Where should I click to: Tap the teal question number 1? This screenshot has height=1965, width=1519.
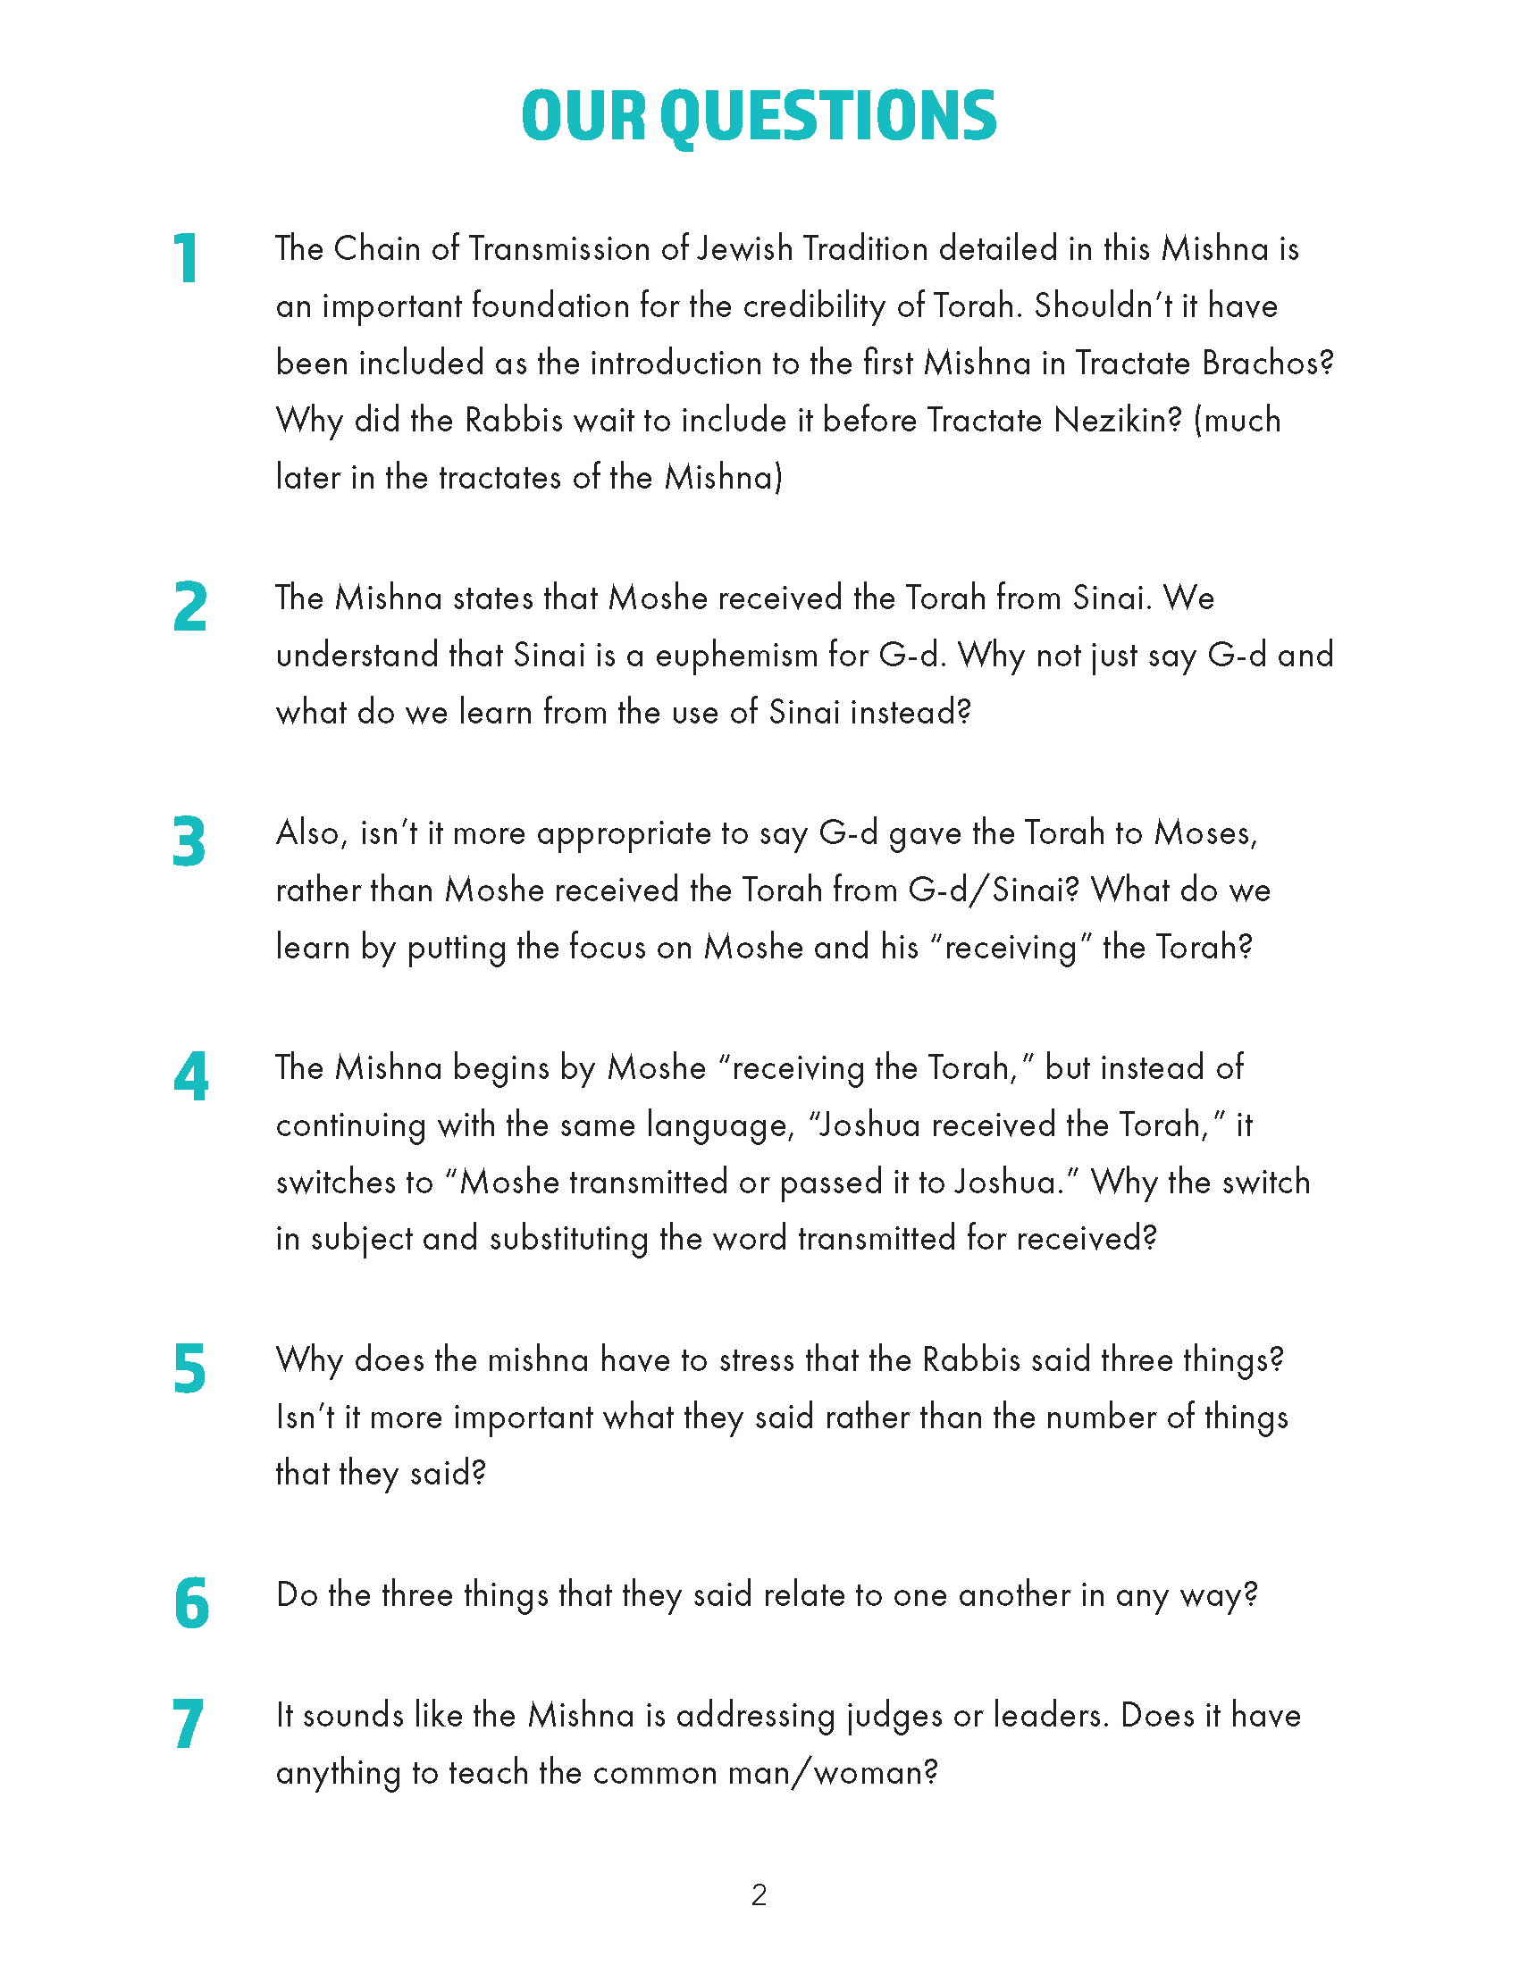pyautogui.click(x=186, y=259)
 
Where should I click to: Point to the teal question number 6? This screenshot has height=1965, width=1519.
pyautogui.click(x=191, y=1603)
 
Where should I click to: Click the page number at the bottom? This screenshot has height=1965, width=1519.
pyautogui.click(x=759, y=1895)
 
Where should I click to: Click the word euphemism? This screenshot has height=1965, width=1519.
pyautogui.click(x=736, y=656)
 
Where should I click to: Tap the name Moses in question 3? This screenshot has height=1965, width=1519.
pyautogui.click(x=1205, y=833)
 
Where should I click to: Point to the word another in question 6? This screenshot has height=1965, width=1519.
pyautogui.click(x=1015, y=1595)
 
